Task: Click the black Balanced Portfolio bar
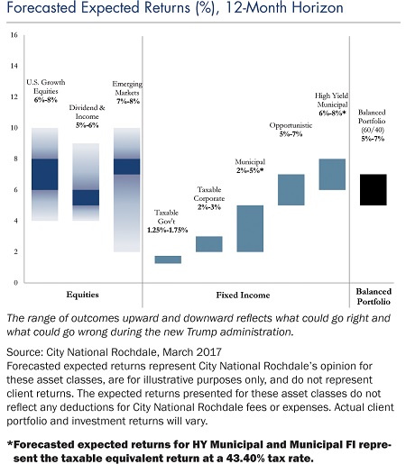pyautogui.click(x=373, y=190)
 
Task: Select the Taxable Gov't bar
pyautogui.click(x=168, y=259)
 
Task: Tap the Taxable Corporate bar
pyautogui.click(x=209, y=244)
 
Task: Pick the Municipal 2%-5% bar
pyautogui.click(x=250, y=229)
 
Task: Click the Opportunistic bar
pyautogui.click(x=291, y=190)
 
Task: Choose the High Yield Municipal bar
pyautogui.click(x=332, y=174)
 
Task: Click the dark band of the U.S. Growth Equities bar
pyautogui.click(x=45, y=174)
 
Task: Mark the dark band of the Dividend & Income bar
pyautogui.click(x=86, y=197)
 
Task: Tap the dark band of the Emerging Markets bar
pyautogui.click(x=127, y=167)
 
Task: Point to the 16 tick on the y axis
pyautogui.click(x=14, y=35)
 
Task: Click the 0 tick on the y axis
pyautogui.click(x=16, y=283)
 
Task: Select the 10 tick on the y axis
pyautogui.click(x=14, y=128)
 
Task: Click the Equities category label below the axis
pyautogui.click(x=82, y=295)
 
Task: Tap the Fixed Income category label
pyautogui.click(x=243, y=295)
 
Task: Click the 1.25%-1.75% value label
pyautogui.click(x=167, y=230)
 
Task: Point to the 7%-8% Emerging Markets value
pyautogui.click(x=128, y=101)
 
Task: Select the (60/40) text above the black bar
pyautogui.click(x=373, y=130)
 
